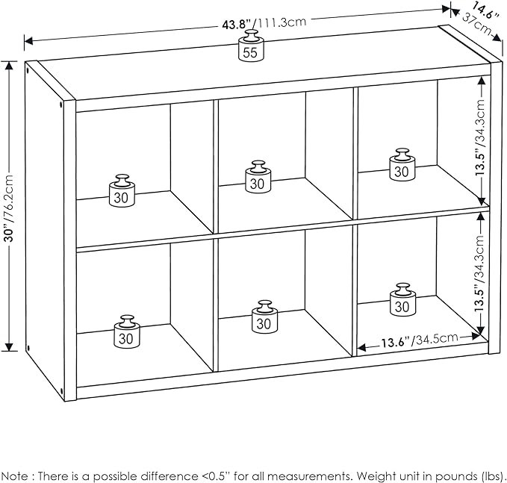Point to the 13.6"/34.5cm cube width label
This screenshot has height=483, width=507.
(x=419, y=340)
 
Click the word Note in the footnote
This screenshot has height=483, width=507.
(x=15, y=476)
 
